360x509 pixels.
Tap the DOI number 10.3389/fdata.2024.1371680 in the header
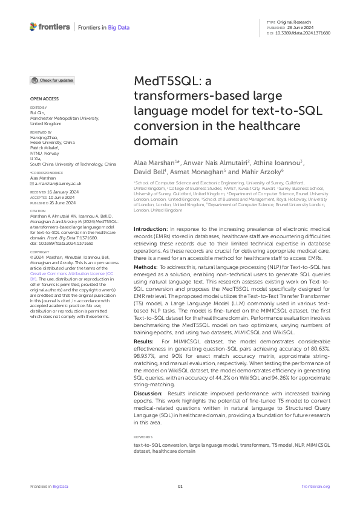[307, 33]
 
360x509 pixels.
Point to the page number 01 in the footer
[180, 486]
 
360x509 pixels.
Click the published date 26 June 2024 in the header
[300, 27]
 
